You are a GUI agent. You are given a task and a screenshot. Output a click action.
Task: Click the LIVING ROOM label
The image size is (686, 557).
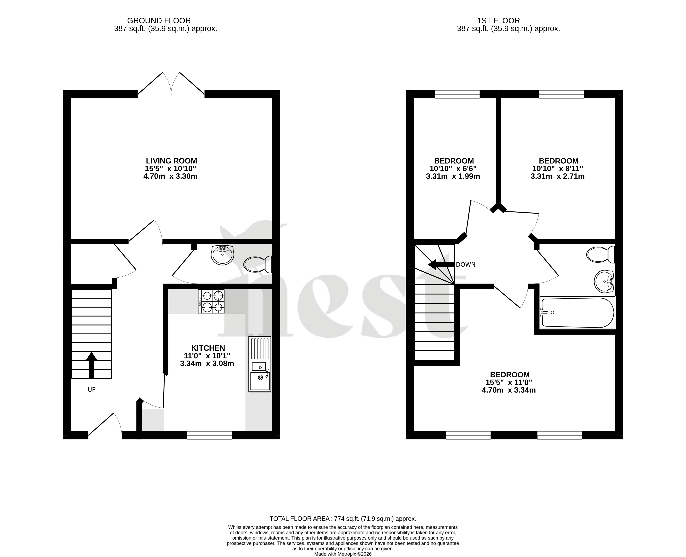[x=171, y=161]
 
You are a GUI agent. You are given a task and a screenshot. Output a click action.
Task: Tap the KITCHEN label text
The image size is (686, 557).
[x=208, y=348]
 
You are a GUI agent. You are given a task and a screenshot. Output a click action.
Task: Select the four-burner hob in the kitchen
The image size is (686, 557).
[x=211, y=301]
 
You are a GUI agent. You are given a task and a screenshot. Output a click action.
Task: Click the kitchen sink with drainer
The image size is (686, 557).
[x=260, y=364]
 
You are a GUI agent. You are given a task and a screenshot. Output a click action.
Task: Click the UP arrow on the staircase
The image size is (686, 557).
[x=91, y=365]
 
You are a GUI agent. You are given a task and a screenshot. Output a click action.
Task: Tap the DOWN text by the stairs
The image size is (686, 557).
[x=466, y=265]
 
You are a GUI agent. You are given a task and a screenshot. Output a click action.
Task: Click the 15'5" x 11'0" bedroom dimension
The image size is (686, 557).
[x=509, y=382]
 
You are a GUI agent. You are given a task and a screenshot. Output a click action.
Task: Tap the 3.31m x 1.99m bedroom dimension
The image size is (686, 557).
[x=453, y=176]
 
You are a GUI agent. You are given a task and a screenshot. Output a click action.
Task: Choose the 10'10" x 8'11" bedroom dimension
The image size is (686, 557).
[x=558, y=168]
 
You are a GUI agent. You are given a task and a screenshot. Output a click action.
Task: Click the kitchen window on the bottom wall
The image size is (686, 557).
[x=209, y=435]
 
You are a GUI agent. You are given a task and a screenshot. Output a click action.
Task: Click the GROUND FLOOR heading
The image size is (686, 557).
[x=159, y=21]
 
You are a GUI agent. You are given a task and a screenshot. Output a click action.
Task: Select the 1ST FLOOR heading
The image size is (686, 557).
[x=498, y=21]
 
